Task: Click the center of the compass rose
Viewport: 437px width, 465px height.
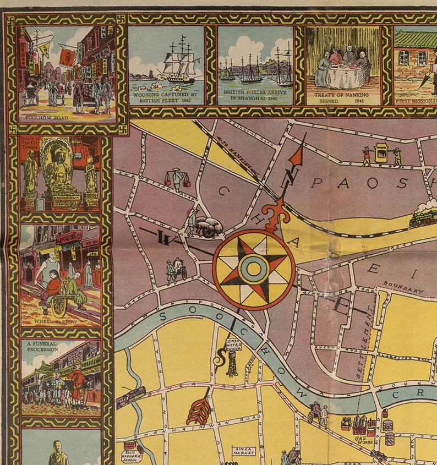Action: (253, 269)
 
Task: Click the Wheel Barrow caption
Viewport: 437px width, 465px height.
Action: (56, 321)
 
